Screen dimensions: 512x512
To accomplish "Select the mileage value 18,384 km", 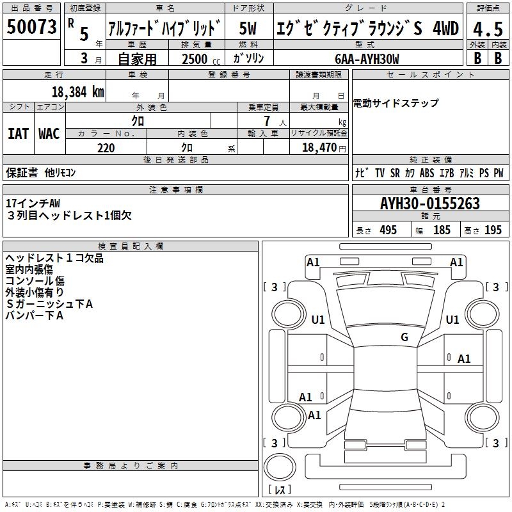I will pyautogui.click(x=77, y=92).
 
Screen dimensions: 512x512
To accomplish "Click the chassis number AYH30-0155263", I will pyautogui.click(x=430, y=204).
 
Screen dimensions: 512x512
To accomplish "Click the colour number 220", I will pyautogui.click(x=106, y=148).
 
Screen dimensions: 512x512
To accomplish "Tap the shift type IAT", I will pyautogui.click(x=18, y=133).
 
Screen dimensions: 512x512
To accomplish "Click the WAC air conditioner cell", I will pyautogui.click(x=49, y=133).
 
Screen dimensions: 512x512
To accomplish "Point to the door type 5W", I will pyautogui.click(x=249, y=29).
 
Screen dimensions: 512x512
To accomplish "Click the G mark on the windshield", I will pyautogui.click(x=404, y=337).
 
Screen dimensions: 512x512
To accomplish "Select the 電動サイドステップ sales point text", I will pyautogui.click(x=396, y=103).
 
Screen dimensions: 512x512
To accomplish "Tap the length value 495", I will pyautogui.click(x=388, y=230).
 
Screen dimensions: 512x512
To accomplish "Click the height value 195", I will pyautogui.click(x=493, y=230).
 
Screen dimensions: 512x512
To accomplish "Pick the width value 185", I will pyautogui.click(x=442, y=230).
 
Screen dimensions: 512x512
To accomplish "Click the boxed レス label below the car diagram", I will pyautogui.click(x=279, y=490).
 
